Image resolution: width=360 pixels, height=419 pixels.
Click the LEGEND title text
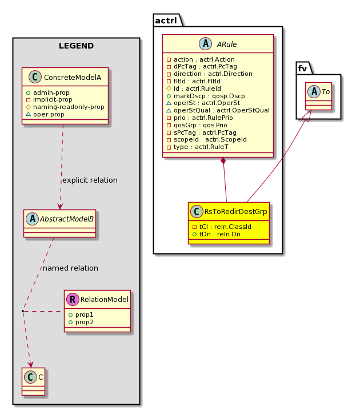click(76, 46)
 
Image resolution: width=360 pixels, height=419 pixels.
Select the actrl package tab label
click(166, 21)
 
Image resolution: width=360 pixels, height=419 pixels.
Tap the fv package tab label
click(302, 69)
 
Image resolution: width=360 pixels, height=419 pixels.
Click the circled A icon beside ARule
click(205, 43)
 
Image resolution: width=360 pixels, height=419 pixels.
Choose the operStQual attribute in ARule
click(218, 110)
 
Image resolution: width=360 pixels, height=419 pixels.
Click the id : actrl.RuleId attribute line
click(194, 88)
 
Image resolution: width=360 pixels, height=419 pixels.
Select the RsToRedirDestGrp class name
click(235, 212)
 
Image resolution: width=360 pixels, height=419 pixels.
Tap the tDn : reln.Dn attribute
click(217, 234)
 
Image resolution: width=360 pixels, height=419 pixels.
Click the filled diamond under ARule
click(223, 161)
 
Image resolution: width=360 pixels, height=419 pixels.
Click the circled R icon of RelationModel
click(73, 299)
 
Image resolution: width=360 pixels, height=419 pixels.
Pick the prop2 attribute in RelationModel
click(81, 322)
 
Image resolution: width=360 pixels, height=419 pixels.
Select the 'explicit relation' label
click(90, 180)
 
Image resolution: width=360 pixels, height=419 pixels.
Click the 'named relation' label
click(70, 268)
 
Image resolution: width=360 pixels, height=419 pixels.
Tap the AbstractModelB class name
click(67, 219)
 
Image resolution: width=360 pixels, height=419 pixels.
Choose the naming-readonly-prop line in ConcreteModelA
click(65, 107)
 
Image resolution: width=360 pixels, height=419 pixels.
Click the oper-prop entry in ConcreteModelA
click(45, 114)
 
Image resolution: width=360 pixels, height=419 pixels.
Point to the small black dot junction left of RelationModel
click(23, 311)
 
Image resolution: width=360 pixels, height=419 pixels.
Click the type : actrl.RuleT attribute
click(197, 147)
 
